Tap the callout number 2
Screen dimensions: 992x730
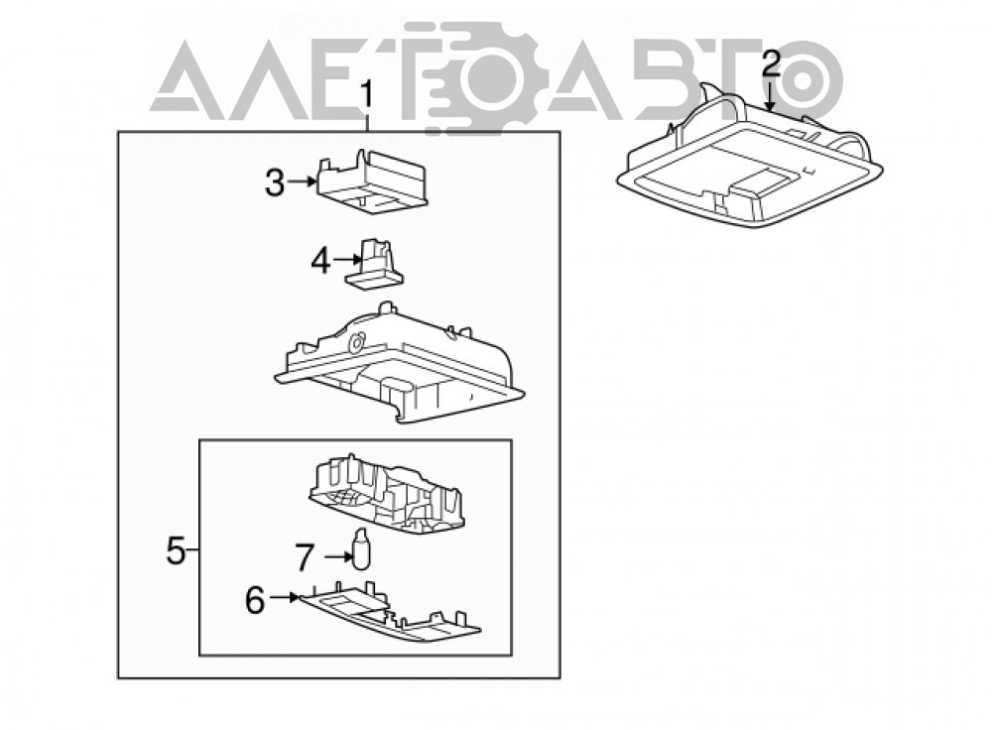771,63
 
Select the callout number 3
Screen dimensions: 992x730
275,183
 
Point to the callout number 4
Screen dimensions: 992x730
320,261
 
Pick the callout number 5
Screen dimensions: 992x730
176,550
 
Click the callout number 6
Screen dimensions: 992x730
254,600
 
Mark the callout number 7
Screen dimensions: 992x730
305,558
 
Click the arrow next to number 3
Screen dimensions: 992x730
302,182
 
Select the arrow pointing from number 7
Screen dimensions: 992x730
338,556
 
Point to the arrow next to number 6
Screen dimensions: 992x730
284,596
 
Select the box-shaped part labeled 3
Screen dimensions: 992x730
371,182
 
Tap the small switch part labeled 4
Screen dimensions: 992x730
375,263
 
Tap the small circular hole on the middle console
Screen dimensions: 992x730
356,342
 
